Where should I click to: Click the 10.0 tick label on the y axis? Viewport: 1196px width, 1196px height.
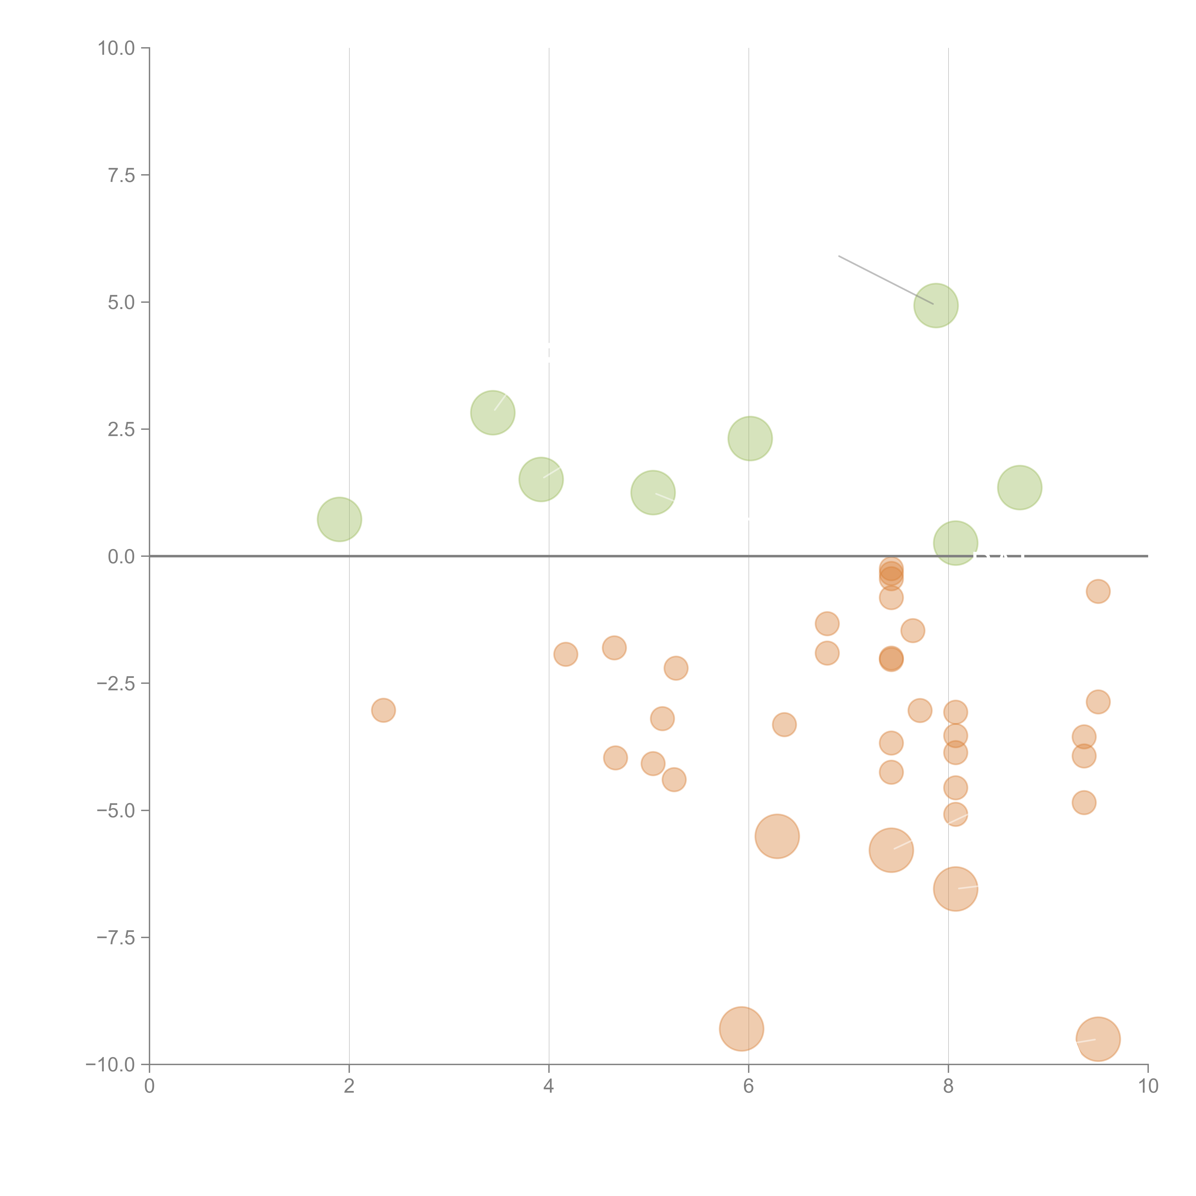point(116,48)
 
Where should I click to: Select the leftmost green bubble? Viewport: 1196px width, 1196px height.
point(339,519)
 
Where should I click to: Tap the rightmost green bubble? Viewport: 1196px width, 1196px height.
point(1019,488)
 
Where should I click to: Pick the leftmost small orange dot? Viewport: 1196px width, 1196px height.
point(383,710)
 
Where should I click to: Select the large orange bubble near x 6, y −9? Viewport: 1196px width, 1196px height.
point(741,1029)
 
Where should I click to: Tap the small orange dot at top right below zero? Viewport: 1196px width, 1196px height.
point(1098,592)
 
